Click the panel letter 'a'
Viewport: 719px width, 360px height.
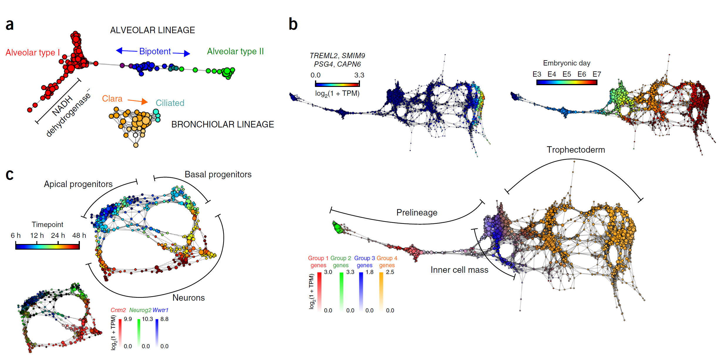(10, 25)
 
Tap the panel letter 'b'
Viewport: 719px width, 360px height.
(293, 24)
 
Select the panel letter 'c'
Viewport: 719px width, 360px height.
(10, 175)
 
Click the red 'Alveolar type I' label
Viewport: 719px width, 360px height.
(33, 53)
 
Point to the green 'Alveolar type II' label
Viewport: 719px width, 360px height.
(235, 51)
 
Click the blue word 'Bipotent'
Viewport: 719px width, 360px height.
(155, 51)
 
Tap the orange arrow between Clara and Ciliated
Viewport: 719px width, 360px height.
(138, 101)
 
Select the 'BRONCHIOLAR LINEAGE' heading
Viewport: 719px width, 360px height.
(223, 125)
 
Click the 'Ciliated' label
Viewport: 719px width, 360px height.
(170, 103)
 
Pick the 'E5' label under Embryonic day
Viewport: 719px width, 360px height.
(567, 74)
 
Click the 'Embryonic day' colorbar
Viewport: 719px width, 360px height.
(567, 82)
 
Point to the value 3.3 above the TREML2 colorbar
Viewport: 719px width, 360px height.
(359, 75)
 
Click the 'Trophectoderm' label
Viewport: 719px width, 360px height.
(575, 150)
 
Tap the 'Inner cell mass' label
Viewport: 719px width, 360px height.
(459, 270)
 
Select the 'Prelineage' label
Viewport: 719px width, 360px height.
(417, 213)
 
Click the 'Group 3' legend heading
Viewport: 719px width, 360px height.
(364, 258)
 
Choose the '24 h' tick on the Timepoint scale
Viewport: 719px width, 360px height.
(58, 235)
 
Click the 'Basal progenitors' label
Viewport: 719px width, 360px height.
(218, 174)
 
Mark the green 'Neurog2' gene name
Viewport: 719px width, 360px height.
(140, 310)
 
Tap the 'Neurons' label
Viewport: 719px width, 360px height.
(188, 298)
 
